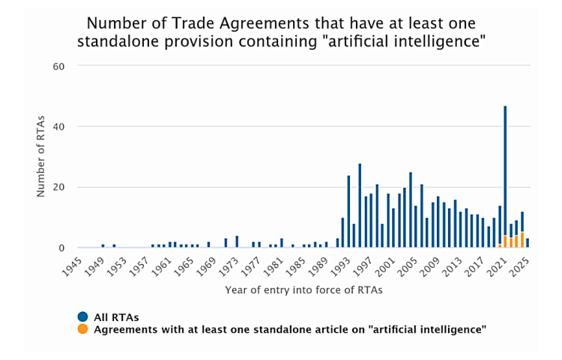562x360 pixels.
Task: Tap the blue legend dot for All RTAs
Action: [82, 317]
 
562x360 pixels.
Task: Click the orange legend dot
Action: [82, 329]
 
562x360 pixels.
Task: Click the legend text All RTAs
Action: [115, 317]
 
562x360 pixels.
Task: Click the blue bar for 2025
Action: [528, 243]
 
